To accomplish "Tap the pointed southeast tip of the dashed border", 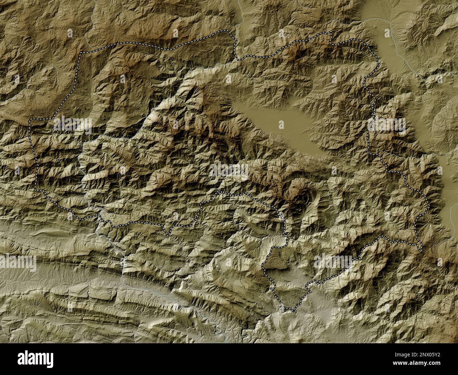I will click(421, 251).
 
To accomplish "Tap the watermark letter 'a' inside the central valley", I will click(281, 124).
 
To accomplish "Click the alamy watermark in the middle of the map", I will click(229, 171).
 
